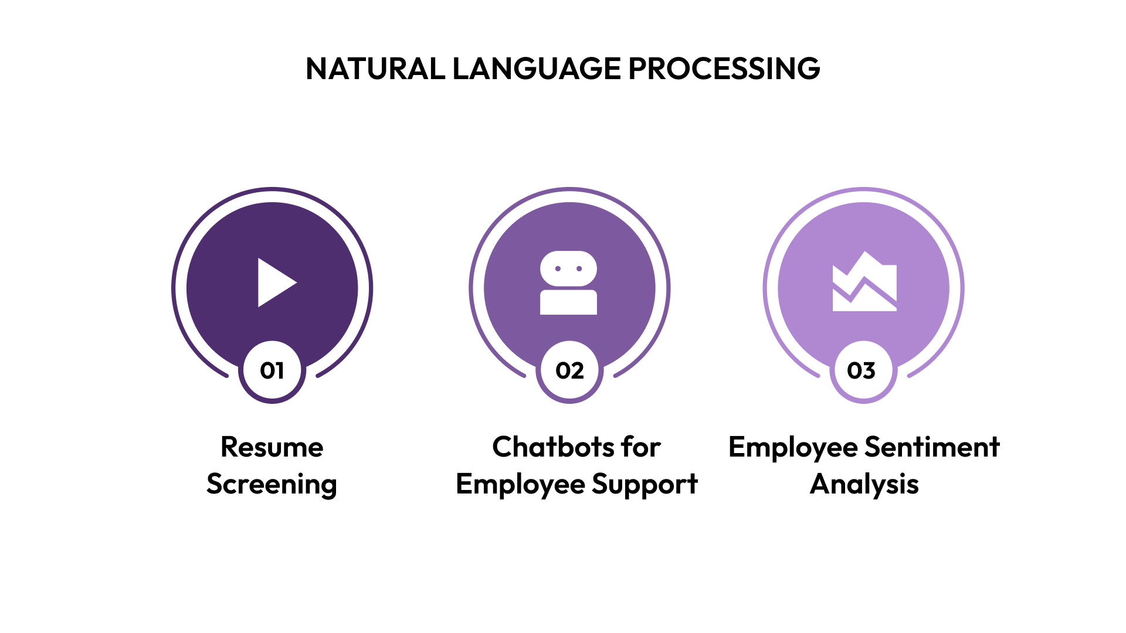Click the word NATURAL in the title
(375, 69)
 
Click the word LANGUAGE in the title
(537, 69)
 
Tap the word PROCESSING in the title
(724, 69)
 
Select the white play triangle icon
(276, 283)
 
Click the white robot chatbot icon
(568, 283)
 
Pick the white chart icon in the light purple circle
(864, 283)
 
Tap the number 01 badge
(272, 370)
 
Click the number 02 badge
(569, 370)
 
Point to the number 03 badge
(862, 370)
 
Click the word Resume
(272, 447)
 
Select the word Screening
(272, 485)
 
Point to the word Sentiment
(932, 447)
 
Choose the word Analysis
(864, 485)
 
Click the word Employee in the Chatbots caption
(521, 485)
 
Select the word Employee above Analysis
(793, 447)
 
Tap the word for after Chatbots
(641, 447)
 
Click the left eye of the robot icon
(558, 269)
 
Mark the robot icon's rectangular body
(568, 302)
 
